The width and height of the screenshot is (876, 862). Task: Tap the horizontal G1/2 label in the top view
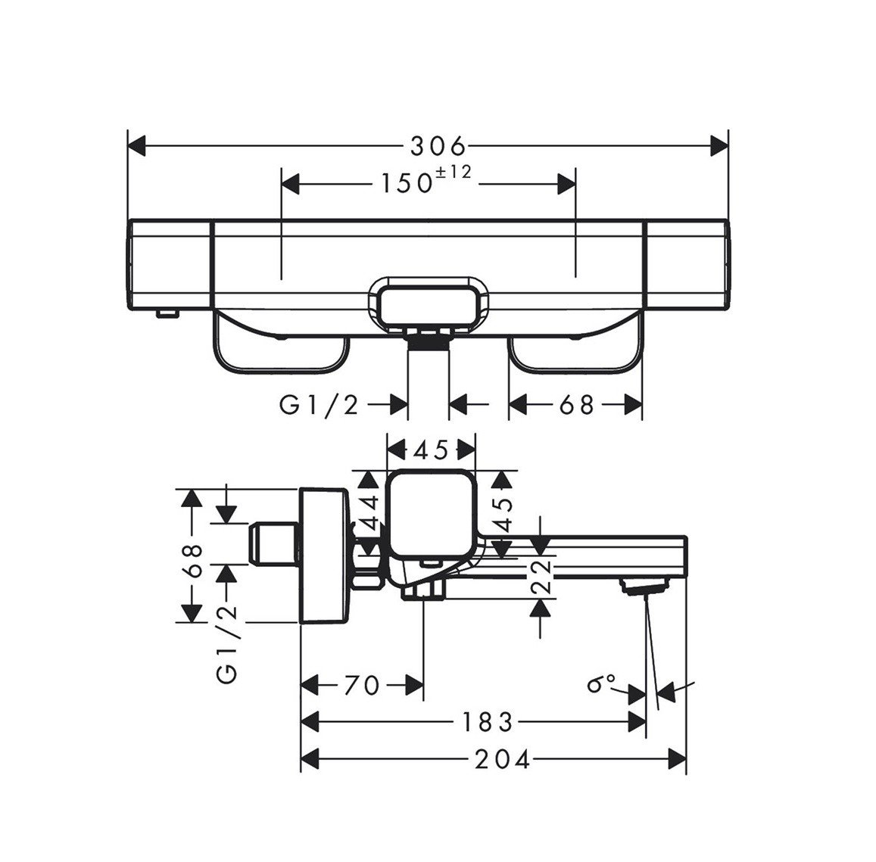tap(318, 406)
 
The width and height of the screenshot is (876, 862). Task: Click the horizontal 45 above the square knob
tap(431, 451)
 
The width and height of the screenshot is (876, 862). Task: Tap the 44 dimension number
tap(368, 515)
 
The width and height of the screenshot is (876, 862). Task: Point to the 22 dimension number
tap(539, 577)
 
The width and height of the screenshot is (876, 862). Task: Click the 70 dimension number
tap(361, 686)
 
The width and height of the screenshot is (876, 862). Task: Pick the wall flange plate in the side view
tap(325, 555)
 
